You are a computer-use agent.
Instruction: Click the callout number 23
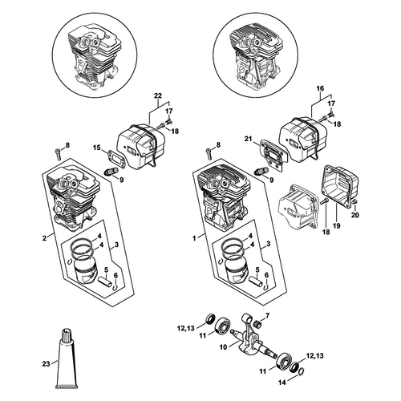[46, 364]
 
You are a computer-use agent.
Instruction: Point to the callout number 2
[44, 237]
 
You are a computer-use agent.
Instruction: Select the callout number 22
[158, 95]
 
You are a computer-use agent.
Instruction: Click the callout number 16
[320, 88]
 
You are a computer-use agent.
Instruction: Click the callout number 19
[337, 225]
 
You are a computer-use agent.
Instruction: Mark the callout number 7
[268, 317]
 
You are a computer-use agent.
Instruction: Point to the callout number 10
[223, 347]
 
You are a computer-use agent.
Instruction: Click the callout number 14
[282, 383]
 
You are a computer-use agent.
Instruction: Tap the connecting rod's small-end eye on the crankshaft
[246, 317]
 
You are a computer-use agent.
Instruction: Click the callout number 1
[194, 238]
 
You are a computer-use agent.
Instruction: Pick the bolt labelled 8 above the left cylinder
[59, 154]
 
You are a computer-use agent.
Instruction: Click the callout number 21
[249, 138]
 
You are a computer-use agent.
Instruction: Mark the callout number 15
[97, 148]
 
